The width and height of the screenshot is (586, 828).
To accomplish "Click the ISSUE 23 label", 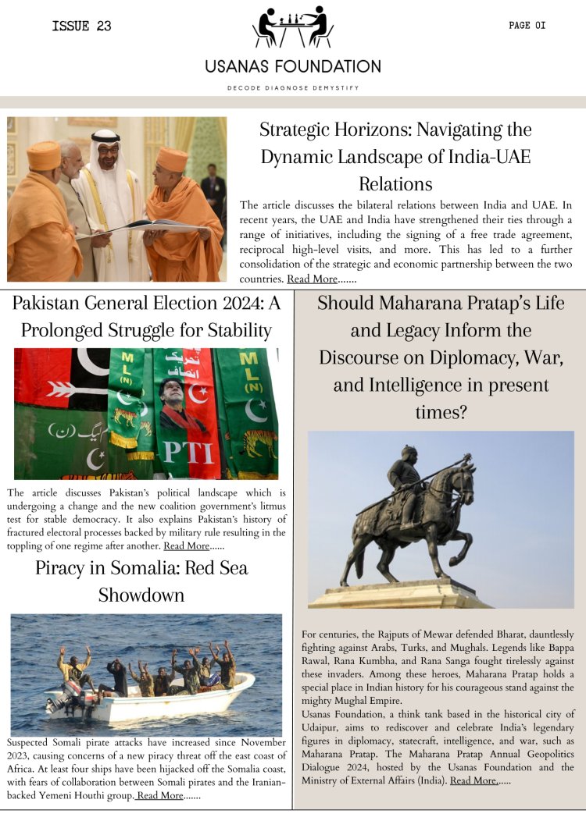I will (x=81, y=26).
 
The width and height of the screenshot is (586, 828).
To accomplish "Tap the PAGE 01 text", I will (x=527, y=26).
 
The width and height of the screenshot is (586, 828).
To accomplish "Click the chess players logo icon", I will (x=293, y=27).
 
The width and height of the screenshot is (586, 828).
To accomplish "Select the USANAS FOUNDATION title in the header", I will (x=293, y=66).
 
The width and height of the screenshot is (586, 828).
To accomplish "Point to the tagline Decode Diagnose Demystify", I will (x=293, y=88).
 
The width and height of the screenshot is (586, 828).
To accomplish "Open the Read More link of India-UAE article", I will (x=312, y=279).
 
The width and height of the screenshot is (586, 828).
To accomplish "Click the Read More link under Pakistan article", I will (x=186, y=545).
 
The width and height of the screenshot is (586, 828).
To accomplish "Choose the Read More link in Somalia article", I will (x=160, y=795).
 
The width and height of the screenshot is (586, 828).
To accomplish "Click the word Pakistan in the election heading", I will (x=52, y=304).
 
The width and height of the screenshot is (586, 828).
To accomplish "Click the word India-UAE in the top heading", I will (x=484, y=157).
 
